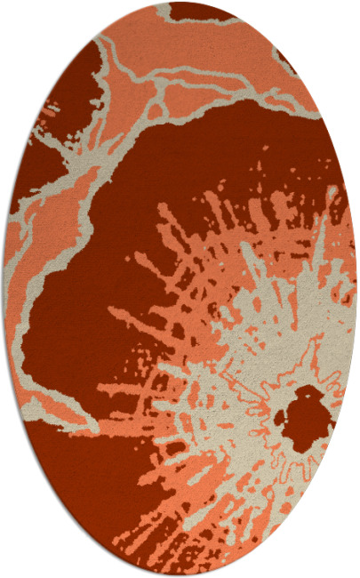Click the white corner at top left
pos(18,18)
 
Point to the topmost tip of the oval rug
pos(180,3)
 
